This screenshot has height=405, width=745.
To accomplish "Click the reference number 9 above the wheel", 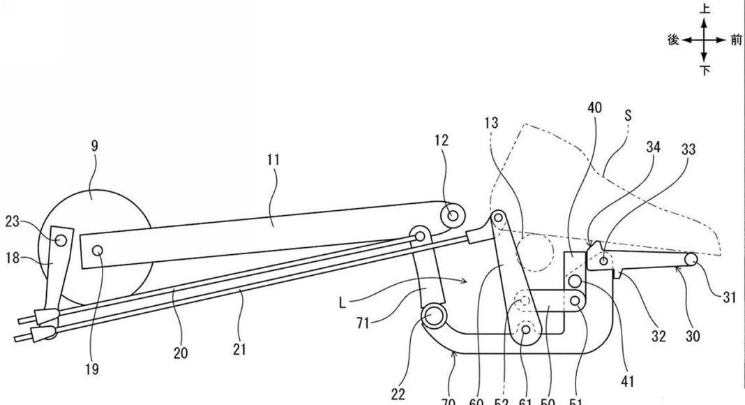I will tap(94, 146).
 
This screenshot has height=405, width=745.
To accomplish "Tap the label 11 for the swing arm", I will tap(273, 160).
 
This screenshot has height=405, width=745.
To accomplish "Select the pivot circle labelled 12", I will tap(453, 215).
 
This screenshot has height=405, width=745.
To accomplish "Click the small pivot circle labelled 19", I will tap(97, 249).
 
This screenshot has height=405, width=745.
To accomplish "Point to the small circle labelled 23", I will tap(61, 240).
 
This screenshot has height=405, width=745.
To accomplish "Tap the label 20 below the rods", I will tap(181, 353).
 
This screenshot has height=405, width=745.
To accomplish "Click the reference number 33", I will tap(688, 149).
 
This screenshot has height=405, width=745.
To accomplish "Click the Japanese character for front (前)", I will tap(736, 40).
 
